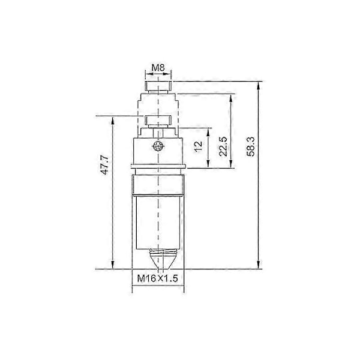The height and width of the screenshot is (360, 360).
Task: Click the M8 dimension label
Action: point(158,68)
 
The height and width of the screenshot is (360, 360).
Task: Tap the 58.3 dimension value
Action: point(251,146)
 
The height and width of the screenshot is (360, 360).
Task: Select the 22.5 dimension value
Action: point(223,146)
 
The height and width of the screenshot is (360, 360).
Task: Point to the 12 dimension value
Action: point(199,146)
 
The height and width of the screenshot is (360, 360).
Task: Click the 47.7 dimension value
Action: point(104,164)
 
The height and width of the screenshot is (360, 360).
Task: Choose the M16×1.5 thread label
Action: point(157,278)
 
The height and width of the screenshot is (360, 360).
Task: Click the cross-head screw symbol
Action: point(158,146)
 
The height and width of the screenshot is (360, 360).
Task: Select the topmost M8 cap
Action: point(158,86)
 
